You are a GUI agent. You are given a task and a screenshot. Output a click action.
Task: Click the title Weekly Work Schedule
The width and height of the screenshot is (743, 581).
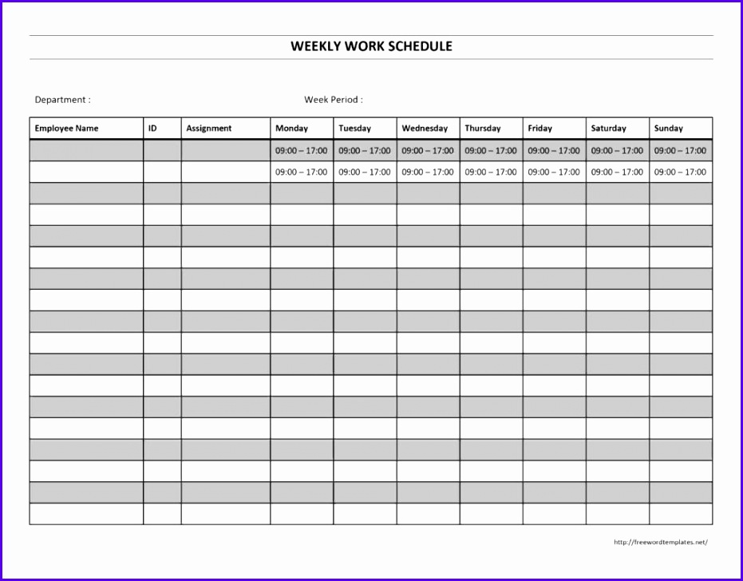pos(371,46)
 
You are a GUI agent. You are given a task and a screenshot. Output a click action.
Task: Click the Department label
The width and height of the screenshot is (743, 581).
pos(62,100)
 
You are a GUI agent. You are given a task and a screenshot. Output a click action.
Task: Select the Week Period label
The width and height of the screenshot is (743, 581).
pos(333,100)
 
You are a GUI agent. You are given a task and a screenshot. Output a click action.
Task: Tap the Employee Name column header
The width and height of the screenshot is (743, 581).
pos(66,128)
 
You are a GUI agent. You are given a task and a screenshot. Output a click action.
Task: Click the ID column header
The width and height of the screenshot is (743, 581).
pos(152,128)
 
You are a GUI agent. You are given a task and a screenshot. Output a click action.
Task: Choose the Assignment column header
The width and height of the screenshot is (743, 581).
pos(208,128)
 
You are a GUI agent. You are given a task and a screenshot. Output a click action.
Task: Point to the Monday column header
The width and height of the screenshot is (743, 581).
pos(291,128)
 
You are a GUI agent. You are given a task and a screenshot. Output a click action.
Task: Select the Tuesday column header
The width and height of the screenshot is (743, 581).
pos(354,128)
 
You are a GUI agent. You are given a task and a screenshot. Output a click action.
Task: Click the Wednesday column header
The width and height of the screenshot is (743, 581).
pos(425,128)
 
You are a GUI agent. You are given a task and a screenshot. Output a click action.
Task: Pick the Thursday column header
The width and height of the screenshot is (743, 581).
pos(483,128)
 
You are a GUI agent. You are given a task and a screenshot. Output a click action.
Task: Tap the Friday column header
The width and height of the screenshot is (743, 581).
pos(539,128)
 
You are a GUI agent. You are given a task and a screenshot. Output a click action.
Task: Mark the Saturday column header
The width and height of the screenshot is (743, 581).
pos(608,128)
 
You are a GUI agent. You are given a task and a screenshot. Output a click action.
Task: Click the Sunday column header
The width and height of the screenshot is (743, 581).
pos(668,128)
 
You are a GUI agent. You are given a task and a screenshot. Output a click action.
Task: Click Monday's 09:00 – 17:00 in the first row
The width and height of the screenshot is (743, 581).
pos(302,151)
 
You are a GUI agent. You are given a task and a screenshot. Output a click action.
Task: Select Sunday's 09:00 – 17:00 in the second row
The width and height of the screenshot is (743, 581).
pos(680,172)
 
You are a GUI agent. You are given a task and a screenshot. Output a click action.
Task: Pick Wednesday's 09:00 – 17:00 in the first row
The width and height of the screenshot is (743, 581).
pos(428,151)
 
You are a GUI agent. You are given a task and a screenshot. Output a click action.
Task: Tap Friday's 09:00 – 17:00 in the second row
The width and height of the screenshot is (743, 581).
pos(554,172)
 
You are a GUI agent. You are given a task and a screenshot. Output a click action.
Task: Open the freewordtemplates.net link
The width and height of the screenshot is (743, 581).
pos(660,543)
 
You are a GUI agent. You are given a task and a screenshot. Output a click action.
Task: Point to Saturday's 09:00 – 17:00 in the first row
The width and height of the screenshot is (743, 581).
pos(617,151)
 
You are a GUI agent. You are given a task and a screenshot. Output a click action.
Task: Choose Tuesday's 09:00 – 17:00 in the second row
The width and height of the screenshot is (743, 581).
pos(365,172)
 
